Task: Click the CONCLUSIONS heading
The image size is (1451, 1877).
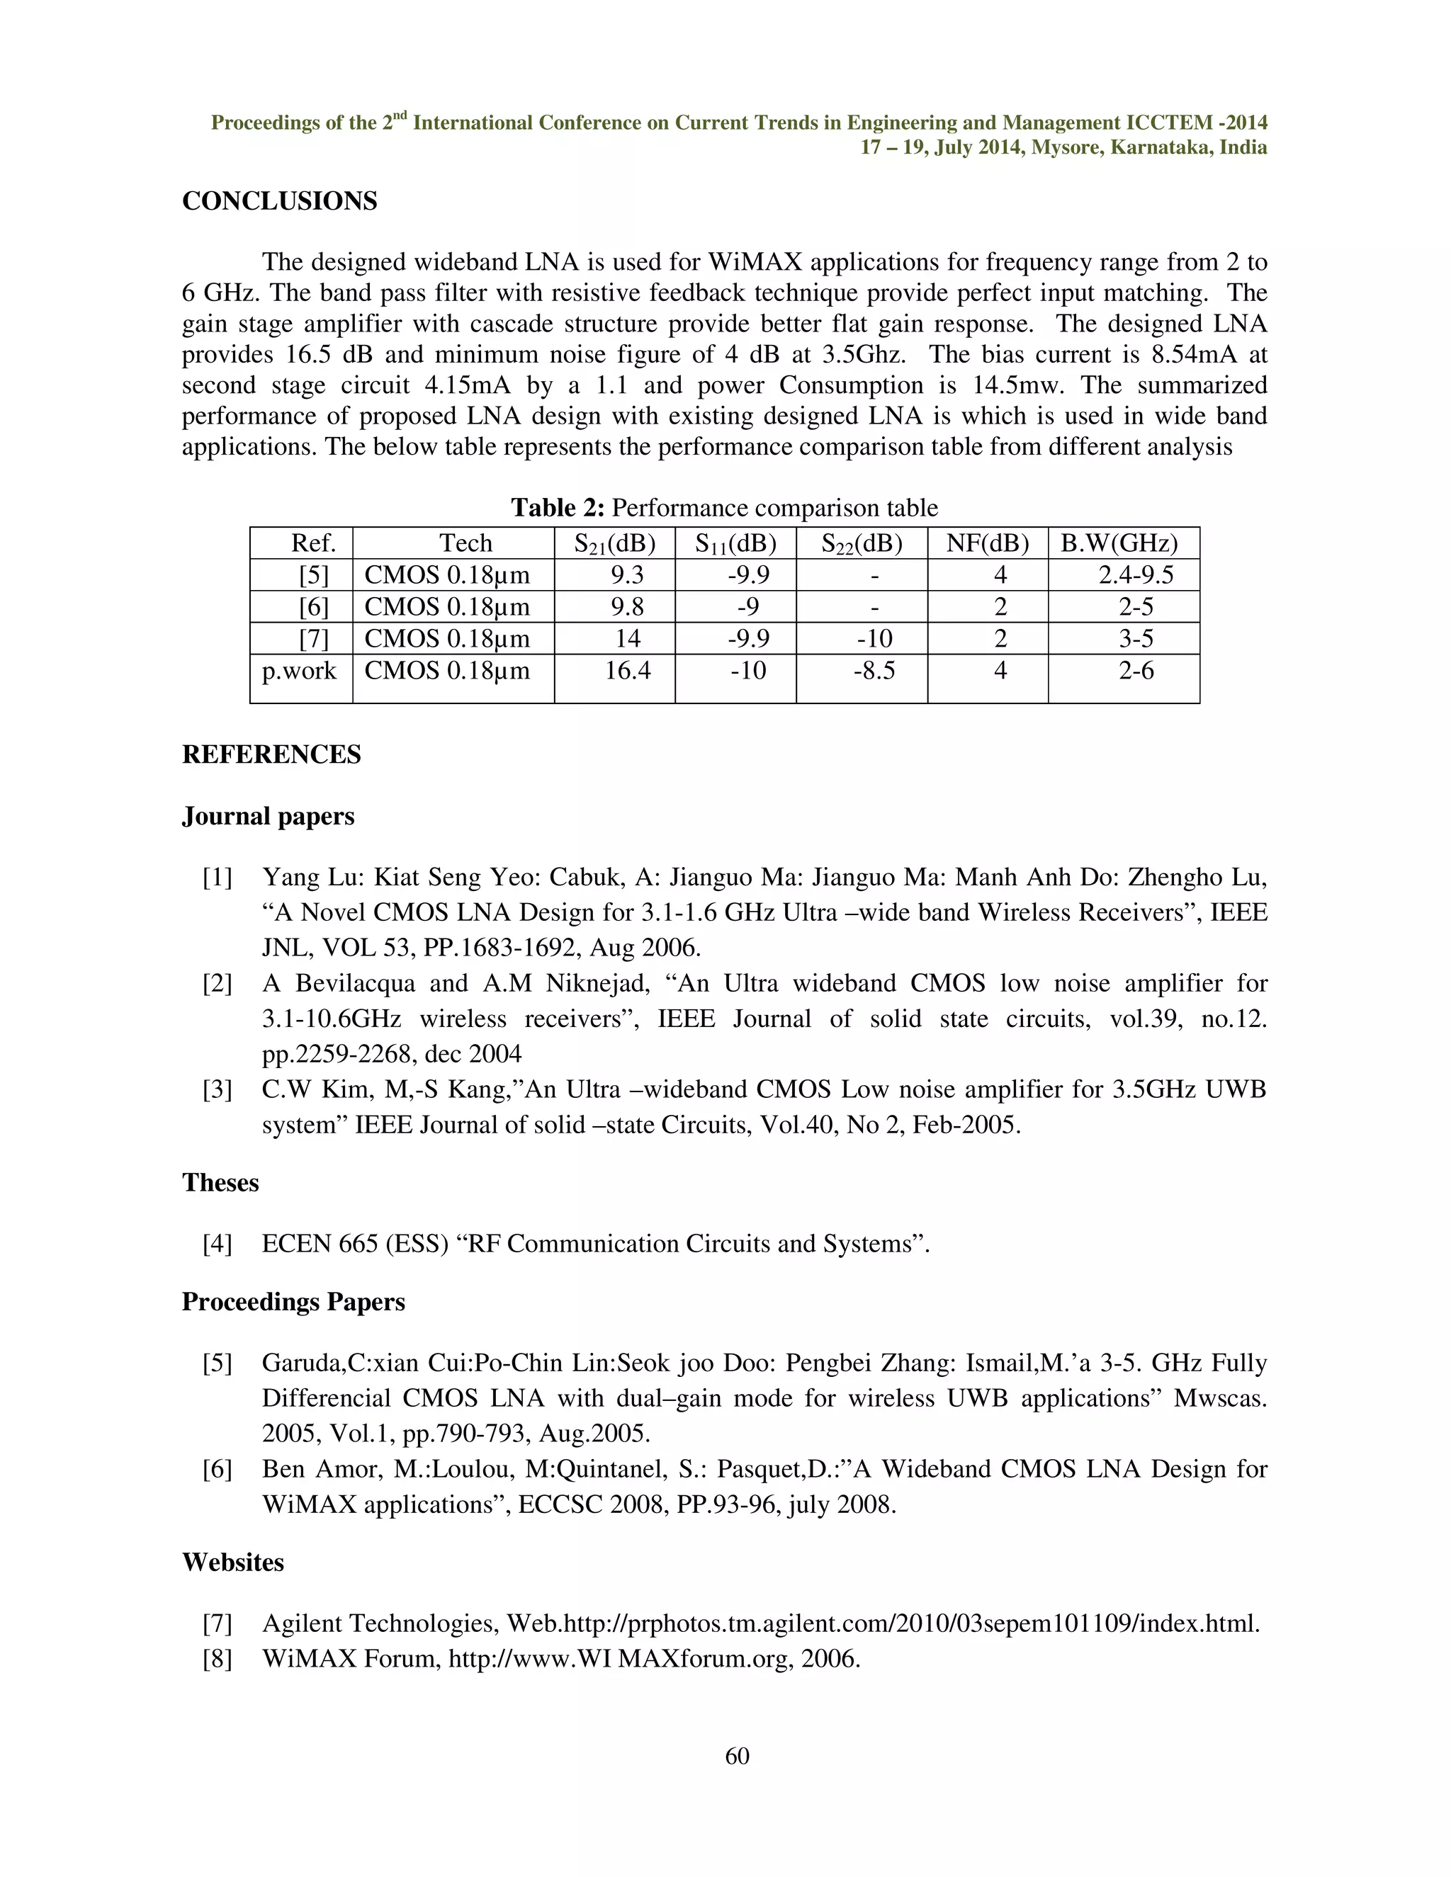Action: [279, 201]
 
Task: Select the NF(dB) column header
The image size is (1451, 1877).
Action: [987, 543]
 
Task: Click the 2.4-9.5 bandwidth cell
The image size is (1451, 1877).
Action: [1136, 575]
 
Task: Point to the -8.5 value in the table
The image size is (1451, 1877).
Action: [874, 670]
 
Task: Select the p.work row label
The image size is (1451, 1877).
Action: [299, 670]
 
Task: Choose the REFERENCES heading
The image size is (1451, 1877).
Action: [271, 754]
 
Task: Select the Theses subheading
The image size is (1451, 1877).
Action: [220, 1183]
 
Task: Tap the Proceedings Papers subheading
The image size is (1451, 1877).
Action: [293, 1301]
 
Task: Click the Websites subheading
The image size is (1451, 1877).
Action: [233, 1562]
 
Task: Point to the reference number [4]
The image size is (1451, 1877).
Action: [218, 1244]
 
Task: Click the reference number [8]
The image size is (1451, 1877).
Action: [218, 1659]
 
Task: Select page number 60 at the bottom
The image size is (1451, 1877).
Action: [737, 1756]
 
